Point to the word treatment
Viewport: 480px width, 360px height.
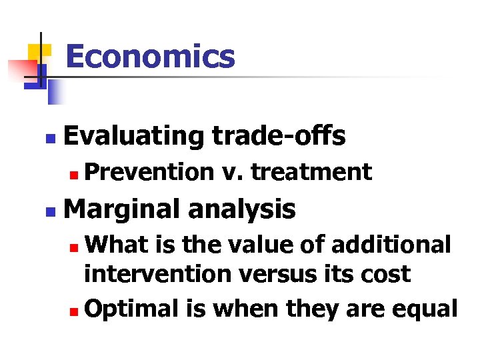coord(311,172)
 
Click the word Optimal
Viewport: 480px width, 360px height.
coord(131,309)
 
